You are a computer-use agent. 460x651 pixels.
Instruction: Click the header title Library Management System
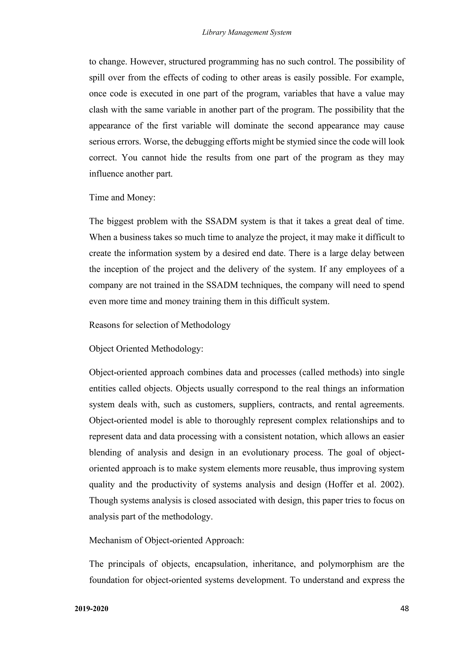pos(247,32)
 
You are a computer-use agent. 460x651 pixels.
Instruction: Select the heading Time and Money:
pos(122,197)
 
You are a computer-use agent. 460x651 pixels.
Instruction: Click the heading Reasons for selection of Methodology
pos(159,325)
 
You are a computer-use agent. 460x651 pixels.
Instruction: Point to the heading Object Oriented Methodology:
pos(146,349)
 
